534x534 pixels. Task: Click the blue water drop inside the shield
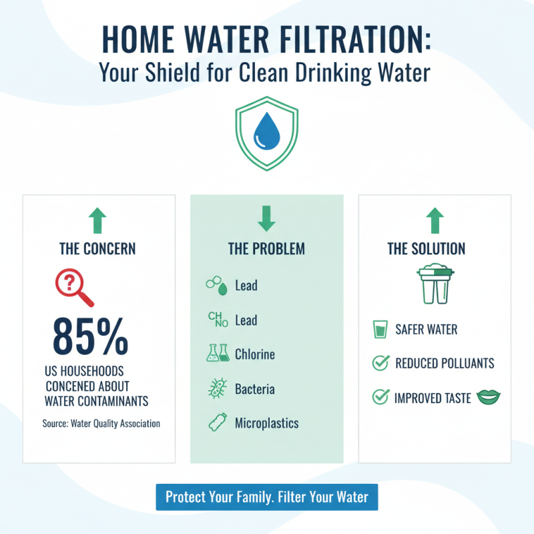[x=267, y=132]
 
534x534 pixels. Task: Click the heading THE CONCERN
[x=97, y=249]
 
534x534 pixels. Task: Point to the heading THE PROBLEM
[x=266, y=249]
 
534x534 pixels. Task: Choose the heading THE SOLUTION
[x=427, y=249]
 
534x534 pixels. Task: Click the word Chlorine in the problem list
[x=255, y=354]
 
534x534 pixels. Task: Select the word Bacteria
[x=255, y=388]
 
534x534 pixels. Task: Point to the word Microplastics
[x=267, y=423]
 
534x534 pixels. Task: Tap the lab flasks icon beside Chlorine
[x=218, y=354]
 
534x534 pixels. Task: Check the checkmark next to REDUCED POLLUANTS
[x=380, y=364]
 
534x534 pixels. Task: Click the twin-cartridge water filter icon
[x=434, y=283]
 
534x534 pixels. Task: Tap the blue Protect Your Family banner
[x=267, y=497]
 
